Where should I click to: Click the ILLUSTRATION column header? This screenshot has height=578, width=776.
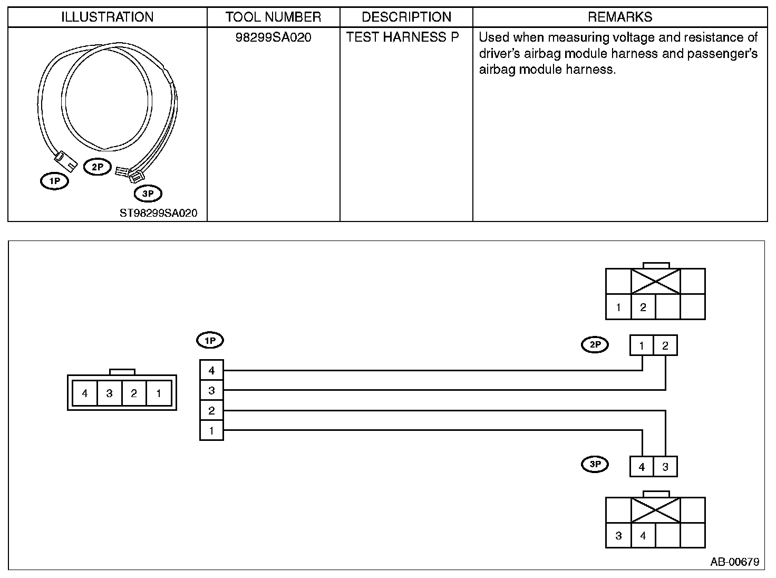107,17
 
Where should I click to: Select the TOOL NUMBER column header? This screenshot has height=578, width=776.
273,17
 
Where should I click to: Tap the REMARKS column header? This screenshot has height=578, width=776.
620,17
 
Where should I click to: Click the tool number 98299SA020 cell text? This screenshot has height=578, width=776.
273,37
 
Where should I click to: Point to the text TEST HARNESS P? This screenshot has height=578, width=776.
403,37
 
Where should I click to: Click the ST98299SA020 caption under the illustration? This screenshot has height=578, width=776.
158,213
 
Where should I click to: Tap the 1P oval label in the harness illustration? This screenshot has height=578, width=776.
55,181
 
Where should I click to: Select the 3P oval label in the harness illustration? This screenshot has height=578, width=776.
148,194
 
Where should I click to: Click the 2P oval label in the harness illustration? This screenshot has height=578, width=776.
98,167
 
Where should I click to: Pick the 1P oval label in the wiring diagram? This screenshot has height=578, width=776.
210,341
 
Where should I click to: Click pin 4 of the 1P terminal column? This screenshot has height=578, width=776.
211,370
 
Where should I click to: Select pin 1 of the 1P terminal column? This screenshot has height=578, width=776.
211,430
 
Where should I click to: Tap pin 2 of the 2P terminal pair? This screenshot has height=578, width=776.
665,346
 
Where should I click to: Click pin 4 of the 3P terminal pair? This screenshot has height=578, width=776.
642,467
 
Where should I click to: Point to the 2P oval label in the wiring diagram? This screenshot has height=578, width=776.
595,345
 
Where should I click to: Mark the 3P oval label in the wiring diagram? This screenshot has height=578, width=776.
595,464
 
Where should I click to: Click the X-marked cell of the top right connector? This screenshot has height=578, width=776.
656,281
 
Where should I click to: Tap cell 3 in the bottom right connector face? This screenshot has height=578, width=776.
618,536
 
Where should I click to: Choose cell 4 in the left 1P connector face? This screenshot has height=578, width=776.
85,393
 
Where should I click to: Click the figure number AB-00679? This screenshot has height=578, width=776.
734,562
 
